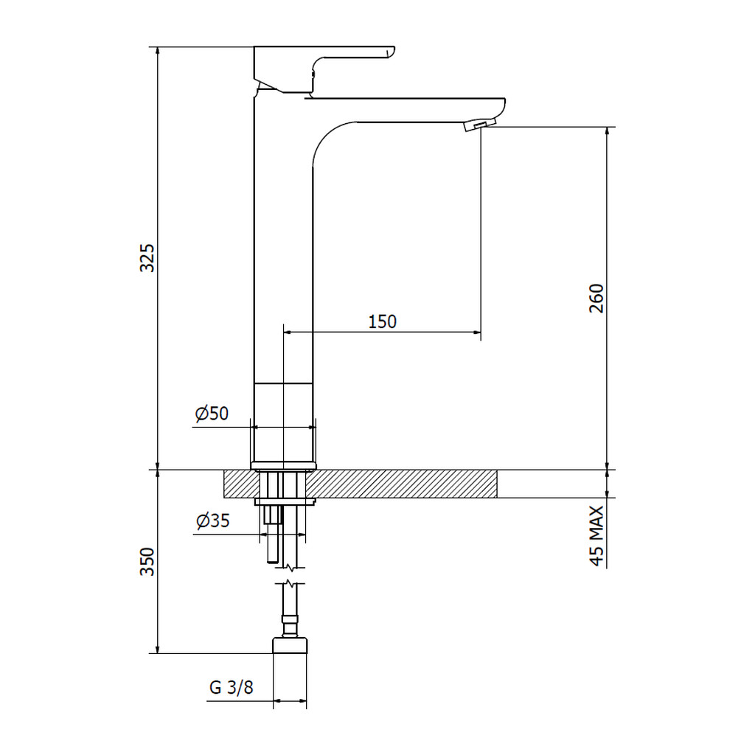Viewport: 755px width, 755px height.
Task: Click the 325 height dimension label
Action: pyautogui.click(x=147, y=258)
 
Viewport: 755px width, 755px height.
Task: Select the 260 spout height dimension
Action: pyautogui.click(x=596, y=299)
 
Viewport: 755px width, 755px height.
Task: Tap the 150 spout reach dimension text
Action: pyautogui.click(x=383, y=321)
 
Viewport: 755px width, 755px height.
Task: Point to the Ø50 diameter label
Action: pyautogui.click(x=212, y=414)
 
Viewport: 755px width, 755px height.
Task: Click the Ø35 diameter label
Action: pyautogui.click(x=213, y=521)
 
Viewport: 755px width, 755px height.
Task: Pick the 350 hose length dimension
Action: pyautogui.click(x=147, y=561)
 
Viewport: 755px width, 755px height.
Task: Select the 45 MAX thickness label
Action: pyautogui.click(x=596, y=536)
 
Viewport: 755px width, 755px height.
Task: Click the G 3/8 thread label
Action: pyautogui.click(x=231, y=687)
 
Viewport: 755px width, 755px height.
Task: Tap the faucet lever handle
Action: pyautogui.click(x=324, y=69)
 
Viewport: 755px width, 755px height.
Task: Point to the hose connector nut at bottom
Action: pyautogui.click(x=290, y=645)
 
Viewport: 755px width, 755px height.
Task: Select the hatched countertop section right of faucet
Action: pyautogui.click(x=401, y=484)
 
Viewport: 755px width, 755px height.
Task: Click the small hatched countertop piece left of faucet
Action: pyautogui.click(x=242, y=484)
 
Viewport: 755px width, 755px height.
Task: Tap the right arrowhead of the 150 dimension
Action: pyautogui.click(x=477, y=332)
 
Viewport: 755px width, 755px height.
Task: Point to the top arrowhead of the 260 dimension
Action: pyautogui.click(x=608, y=131)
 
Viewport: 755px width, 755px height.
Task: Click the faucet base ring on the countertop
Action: pyautogui.click(x=284, y=466)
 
